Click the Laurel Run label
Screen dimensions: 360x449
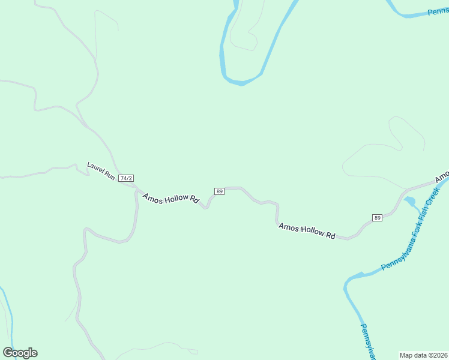[x=101, y=170]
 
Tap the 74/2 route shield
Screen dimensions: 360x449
[x=126, y=178]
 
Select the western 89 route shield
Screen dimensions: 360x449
[x=219, y=191]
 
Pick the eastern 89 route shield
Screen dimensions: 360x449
[x=377, y=217]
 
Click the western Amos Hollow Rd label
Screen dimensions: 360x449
[x=171, y=199]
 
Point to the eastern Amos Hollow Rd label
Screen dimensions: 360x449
[x=307, y=231]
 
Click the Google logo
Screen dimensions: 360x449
[x=20, y=353]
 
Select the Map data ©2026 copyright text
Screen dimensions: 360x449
[x=424, y=355]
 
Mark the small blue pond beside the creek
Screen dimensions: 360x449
[x=411, y=200]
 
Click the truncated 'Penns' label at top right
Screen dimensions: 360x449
[x=438, y=11]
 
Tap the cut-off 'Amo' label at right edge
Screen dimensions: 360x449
[x=442, y=178]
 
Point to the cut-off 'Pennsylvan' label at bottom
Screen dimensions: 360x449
[x=368, y=342]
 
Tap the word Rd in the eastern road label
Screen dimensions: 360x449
[x=330, y=236]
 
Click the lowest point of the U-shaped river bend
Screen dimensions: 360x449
[x=242, y=83]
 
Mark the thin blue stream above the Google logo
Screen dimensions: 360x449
[x=8, y=315]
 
